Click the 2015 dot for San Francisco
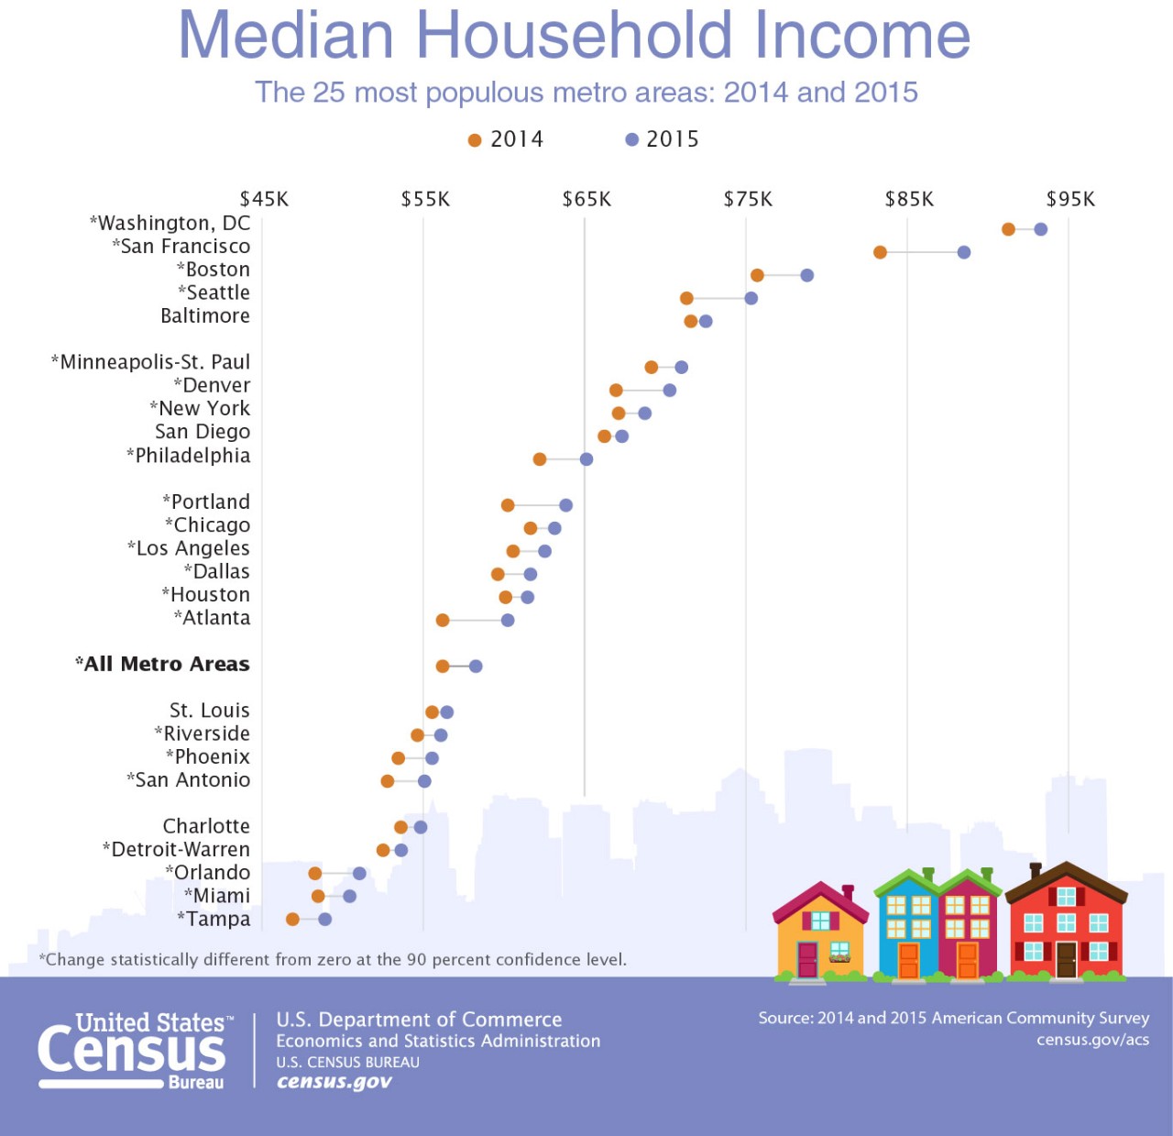963,252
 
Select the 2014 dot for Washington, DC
1008,229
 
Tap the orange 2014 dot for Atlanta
443,621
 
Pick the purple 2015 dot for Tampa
324,919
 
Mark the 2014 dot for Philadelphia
540,459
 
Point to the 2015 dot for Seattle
751,298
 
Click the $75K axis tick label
748,199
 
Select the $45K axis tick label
264,199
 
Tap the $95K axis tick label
1070,199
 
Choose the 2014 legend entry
506,139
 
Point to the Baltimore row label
205,315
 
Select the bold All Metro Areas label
163,664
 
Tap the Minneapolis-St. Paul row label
151,362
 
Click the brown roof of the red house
1066,877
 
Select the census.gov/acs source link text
1092,1040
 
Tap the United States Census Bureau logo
133,1051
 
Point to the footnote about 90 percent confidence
334,960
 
